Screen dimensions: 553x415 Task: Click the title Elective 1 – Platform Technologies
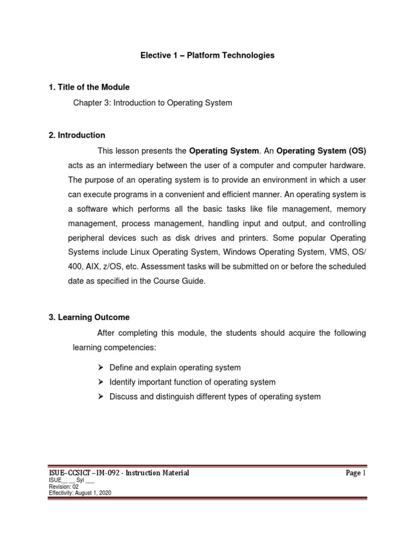point(208,55)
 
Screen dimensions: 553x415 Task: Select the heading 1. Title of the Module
point(89,87)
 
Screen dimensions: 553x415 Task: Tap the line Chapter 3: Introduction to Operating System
point(153,103)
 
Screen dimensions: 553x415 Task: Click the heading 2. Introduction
point(77,135)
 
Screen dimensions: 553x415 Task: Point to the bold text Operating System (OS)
point(321,150)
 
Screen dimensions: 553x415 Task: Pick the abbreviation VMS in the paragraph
point(343,252)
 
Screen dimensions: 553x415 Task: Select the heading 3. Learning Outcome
point(89,317)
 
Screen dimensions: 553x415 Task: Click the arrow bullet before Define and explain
point(100,367)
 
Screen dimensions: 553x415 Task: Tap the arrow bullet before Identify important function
point(100,382)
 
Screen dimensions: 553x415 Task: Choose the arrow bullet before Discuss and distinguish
point(100,396)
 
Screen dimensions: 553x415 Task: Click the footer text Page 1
point(356,473)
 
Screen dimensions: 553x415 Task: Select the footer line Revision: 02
point(64,487)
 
